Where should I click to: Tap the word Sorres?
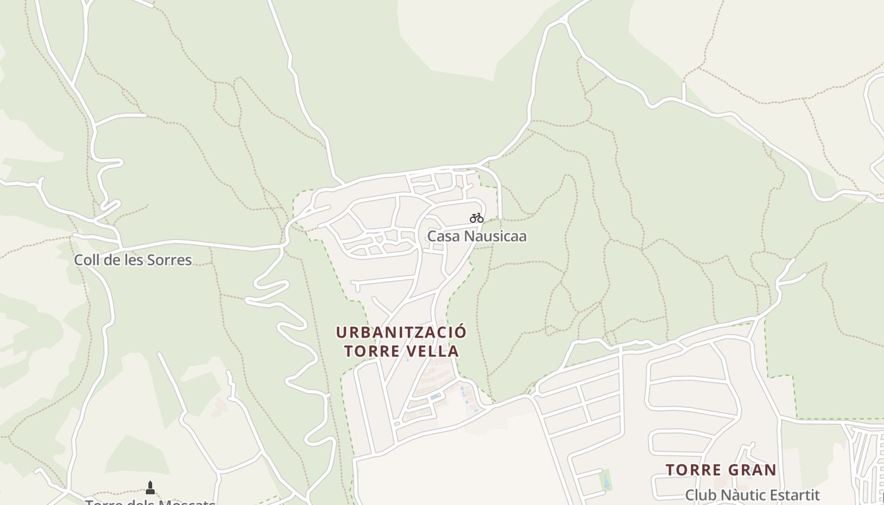click(169, 259)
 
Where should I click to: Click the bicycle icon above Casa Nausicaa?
click(477, 218)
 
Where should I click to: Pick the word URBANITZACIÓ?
click(402, 332)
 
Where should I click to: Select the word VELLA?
click(431, 352)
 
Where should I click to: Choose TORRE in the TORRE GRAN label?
click(693, 470)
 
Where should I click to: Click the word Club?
click(700, 495)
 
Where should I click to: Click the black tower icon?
click(150, 487)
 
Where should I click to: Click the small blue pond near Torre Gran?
click(606, 480)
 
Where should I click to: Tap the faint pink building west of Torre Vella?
click(219, 408)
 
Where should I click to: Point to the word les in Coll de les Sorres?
click(133, 259)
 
